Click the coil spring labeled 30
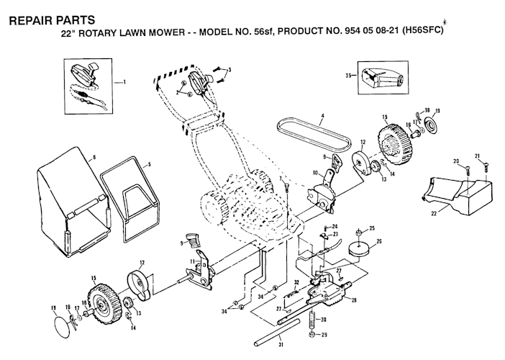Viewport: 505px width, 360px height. click(312, 318)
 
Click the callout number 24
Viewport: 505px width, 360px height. click(335, 226)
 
